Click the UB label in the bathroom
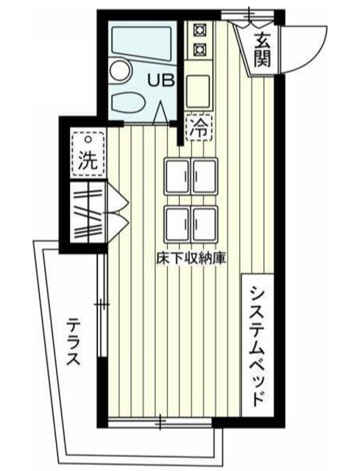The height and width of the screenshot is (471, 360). (162, 80)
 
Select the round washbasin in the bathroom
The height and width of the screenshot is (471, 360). (118, 71)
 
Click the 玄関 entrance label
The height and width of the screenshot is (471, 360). (262, 51)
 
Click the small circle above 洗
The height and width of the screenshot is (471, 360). (88, 139)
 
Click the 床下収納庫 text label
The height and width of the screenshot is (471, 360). (189, 259)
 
